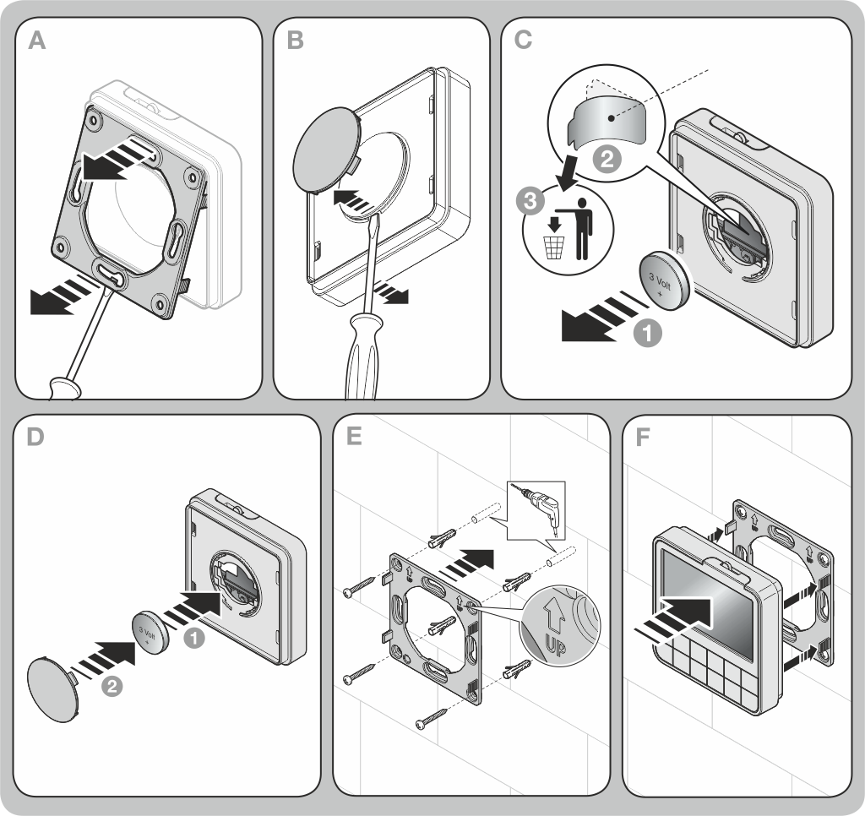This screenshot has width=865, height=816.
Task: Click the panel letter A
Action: (36, 41)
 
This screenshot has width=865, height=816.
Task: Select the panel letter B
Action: (295, 41)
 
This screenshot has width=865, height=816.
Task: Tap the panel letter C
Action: (524, 41)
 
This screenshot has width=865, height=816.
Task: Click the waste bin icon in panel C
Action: (554, 245)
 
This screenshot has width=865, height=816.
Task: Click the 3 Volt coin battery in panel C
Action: (666, 280)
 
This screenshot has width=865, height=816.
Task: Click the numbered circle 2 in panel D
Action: (112, 687)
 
